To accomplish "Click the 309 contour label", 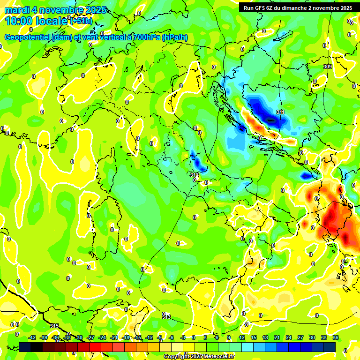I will tap(328, 67).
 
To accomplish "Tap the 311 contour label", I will tap(280, 112).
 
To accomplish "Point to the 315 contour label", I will tap(54, 326).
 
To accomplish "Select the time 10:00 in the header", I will tap(21, 21).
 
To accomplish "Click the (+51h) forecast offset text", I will tap(81, 21).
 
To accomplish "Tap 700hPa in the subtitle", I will tap(144, 37).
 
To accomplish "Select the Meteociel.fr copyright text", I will tap(199, 356).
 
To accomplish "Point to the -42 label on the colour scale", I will tap(32, 337).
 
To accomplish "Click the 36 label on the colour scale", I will tap(336, 337).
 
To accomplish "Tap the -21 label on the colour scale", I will tap(114, 337).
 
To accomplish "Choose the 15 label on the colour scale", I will tap(254, 337).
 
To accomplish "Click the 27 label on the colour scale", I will tap(300, 337).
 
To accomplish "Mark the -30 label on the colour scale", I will tap(79, 337).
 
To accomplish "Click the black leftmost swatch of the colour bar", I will tap(25, 347).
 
